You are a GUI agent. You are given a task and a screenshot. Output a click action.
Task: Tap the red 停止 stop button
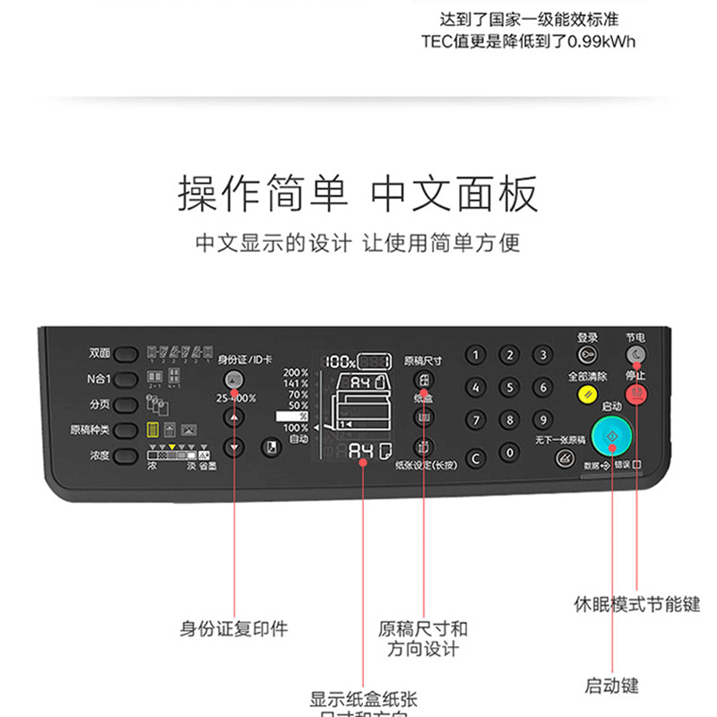click(x=635, y=393)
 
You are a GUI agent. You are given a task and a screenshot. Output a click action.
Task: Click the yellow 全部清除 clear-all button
click(x=586, y=393)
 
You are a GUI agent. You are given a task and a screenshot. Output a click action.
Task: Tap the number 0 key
click(x=509, y=453)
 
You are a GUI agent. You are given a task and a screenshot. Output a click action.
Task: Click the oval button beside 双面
click(x=125, y=353)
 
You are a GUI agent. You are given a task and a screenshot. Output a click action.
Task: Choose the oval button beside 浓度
click(x=125, y=455)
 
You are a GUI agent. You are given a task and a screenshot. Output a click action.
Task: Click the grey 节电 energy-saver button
click(x=635, y=356)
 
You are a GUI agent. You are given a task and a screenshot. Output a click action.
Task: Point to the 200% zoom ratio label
click(x=296, y=372)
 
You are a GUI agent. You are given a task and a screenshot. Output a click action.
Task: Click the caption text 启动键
click(x=612, y=686)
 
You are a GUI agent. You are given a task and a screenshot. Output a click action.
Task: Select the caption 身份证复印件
click(x=234, y=629)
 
